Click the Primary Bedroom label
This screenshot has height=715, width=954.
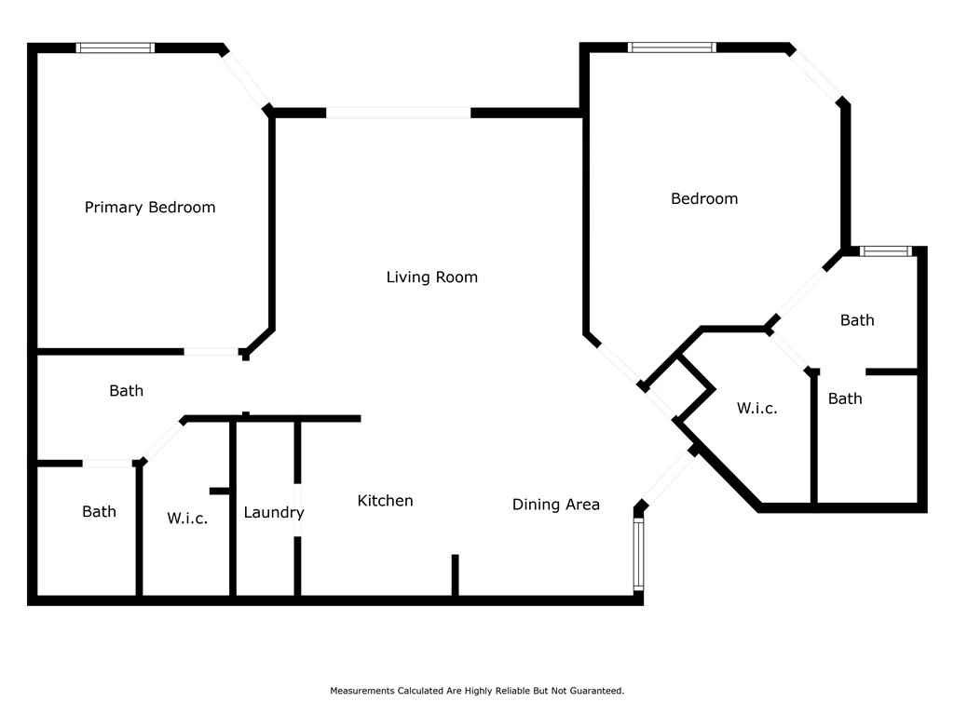click(x=150, y=208)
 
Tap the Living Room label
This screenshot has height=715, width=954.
click(x=432, y=277)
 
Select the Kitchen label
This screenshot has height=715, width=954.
click(x=385, y=500)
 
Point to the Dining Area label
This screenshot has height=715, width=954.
click(x=556, y=505)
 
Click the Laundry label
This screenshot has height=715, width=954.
click(x=274, y=513)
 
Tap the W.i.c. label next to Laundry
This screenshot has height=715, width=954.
click(x=187, y=518)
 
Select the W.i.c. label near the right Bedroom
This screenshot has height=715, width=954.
click(x=756, y=408)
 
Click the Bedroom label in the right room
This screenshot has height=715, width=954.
click(x=704, y=199)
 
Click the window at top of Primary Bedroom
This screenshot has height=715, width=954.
click(x=115, y=48)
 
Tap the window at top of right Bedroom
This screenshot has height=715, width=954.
click(x=672, y=47)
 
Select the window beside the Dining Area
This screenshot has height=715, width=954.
click(x=638, y=554)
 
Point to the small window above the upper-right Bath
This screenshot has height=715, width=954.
click(x=886, y=251)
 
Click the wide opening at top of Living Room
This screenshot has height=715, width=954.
click(x=399, y=113)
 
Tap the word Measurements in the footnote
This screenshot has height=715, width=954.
click(x=362, y=691)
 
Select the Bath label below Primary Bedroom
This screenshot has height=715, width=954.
click(x=127, y=390)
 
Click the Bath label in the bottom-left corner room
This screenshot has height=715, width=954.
click(x=99, y=511)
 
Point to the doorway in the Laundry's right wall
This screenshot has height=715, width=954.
click(x=297, y=509)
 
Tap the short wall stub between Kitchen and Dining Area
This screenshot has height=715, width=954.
click(x=455, y=575)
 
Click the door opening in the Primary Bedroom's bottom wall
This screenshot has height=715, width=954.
click(x=211, y=351)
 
